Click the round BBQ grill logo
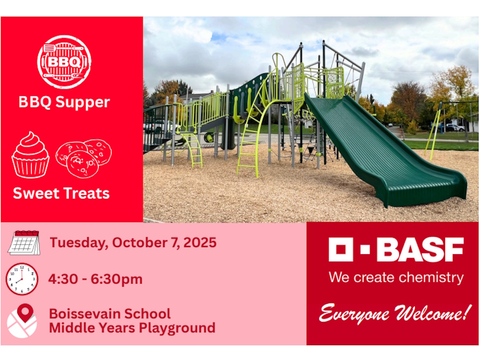click(x=64, y=62)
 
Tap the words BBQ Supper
click(x=64, y=102)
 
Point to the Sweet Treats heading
click(x=62, y=193)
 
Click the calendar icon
click(x=24, y=242)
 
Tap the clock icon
click(x=22, y=279)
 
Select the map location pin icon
click(x=22, y=320)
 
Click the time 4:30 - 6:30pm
click(x=95, y=279)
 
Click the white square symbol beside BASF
click(x=341, y=250)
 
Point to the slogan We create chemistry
click(x=396, y=277)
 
